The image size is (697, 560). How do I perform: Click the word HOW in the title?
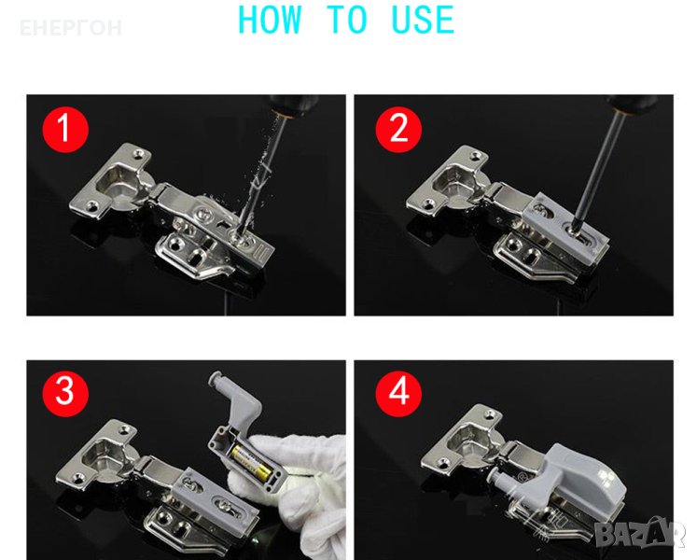(x=270, y=20)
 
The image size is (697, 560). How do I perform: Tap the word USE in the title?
(x=423, y=20)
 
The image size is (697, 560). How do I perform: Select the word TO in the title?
(x=347, y=20)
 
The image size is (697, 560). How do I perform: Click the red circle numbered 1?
(x=65, y=130)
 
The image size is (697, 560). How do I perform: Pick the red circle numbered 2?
(x=398, y=130)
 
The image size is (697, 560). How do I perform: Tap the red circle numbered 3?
(x=65, y=394)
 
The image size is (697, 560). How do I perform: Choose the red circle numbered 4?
(x=398, y=394)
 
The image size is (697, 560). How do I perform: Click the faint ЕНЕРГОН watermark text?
(x=71, y=28)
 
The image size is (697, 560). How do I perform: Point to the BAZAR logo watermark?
(x=640, y=532)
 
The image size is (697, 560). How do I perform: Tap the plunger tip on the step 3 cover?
(x=216, y=378)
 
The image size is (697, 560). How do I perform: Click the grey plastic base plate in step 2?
(x=565, y=228)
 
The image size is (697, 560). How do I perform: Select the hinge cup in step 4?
(x=473, y=444)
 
